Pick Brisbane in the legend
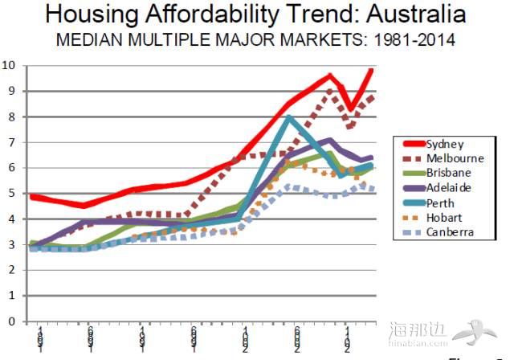coord(447,173)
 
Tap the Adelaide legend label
coord(447,187)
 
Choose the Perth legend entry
coord(439,202)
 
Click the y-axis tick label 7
coord(11,142)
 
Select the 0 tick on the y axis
coord(11,321)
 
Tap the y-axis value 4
coord(11,219)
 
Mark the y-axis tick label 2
coord(11,270)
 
